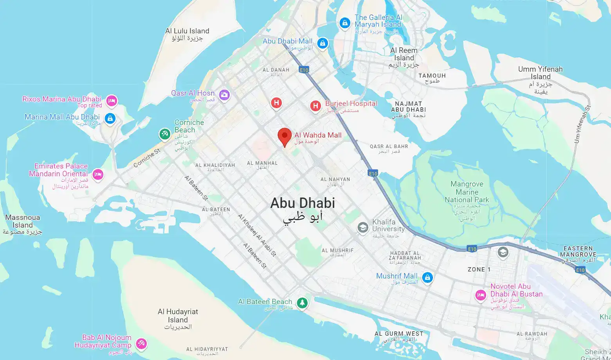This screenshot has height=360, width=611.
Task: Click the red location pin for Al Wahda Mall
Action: (285, 136)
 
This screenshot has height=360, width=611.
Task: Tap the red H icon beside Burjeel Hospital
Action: (315, 106)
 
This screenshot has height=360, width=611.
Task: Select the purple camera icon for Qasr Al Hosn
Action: (224, 95)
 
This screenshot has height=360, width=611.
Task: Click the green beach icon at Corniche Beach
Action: (164, 134)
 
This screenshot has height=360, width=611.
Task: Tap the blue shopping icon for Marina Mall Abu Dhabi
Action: (110, 118)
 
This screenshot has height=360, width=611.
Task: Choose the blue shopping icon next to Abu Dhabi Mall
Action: (322, 43)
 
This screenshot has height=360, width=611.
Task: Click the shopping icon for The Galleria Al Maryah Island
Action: (344, 23)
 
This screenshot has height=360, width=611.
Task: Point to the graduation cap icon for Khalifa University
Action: (363, 228)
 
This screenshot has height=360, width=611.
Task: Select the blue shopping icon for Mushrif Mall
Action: (427, 277)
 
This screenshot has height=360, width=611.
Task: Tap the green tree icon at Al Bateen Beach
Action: (302, 302)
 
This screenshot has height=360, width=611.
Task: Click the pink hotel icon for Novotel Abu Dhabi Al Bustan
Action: (481, 295)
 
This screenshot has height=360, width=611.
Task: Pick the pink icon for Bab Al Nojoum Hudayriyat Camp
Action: (141, 344)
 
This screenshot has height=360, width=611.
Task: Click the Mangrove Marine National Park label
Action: (467, 192)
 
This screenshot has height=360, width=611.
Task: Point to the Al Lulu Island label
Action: (187, 31)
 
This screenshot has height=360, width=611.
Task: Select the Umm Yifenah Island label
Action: (540, 73)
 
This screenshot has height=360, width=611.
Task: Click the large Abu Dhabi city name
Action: (303, 203)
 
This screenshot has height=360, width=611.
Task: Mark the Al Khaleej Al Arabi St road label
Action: (257, 236)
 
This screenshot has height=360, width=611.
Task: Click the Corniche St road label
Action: (147, 158)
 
